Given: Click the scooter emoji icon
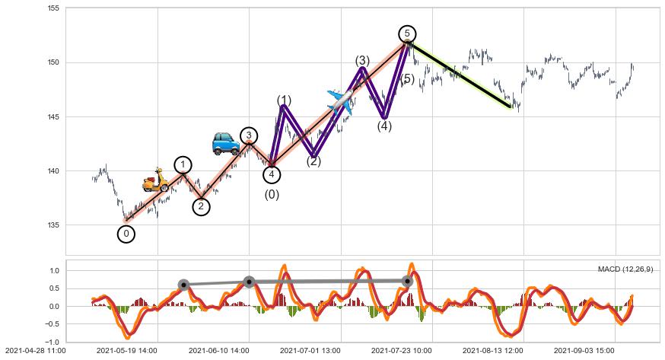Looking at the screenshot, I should tap(156, 180).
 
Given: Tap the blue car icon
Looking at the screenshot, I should tap(225, 142).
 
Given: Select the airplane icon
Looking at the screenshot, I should tap(340, 101).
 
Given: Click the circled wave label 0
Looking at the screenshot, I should tap(126, 234).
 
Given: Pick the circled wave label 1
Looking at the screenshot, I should tap(183, 165).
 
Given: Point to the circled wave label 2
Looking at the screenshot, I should tap(201, 206).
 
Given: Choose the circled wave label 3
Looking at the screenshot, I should tap(249, 135).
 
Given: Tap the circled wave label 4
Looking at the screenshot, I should tap(272, 174).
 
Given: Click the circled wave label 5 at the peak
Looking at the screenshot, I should tap(407, 33).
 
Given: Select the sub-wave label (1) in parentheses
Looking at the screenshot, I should tap(284, 100).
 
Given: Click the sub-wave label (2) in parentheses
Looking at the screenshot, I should tap(313, 161).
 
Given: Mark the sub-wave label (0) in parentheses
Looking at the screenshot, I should tap(272, 195).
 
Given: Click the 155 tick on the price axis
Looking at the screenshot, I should tap(54, 8).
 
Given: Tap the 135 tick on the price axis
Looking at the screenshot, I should tap(54, 225).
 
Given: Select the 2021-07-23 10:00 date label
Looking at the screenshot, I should tap(400, 351).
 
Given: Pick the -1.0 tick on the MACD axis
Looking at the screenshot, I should tap(52, 342).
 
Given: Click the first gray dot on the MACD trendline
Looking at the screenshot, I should tap(183, 285).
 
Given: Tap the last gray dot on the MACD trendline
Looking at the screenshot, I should tap(407, 281).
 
